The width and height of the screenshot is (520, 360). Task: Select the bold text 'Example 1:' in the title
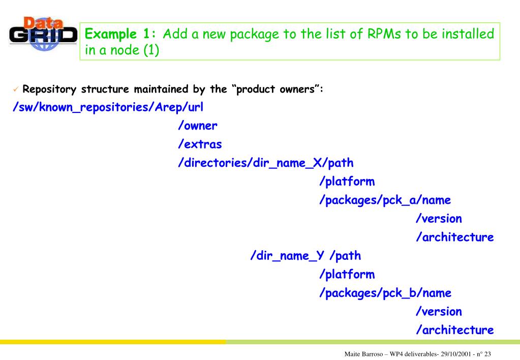(x=121, y=35)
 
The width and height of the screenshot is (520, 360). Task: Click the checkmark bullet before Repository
(x=16, y=90)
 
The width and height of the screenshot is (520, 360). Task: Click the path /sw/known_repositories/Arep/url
(x=107, y=108)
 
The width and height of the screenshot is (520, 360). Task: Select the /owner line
(x=197, y=126)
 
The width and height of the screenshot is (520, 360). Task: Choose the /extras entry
(x=200, y=144)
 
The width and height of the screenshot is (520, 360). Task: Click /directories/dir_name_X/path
(x=265, y=163)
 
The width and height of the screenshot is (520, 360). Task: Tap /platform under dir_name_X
(x=347, y=182)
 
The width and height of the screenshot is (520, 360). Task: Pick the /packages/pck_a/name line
(x=385, y=200)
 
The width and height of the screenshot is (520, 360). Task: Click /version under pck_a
(x=439, y=219)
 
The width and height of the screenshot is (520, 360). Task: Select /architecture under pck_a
(x=454, y=237)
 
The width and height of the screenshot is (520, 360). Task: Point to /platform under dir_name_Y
(x=347, y=275)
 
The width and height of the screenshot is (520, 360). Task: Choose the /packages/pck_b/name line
(x=385, y=293)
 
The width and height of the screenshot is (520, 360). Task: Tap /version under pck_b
(x=439, y=311)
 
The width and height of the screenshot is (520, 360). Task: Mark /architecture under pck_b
(x=454, y=330)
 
